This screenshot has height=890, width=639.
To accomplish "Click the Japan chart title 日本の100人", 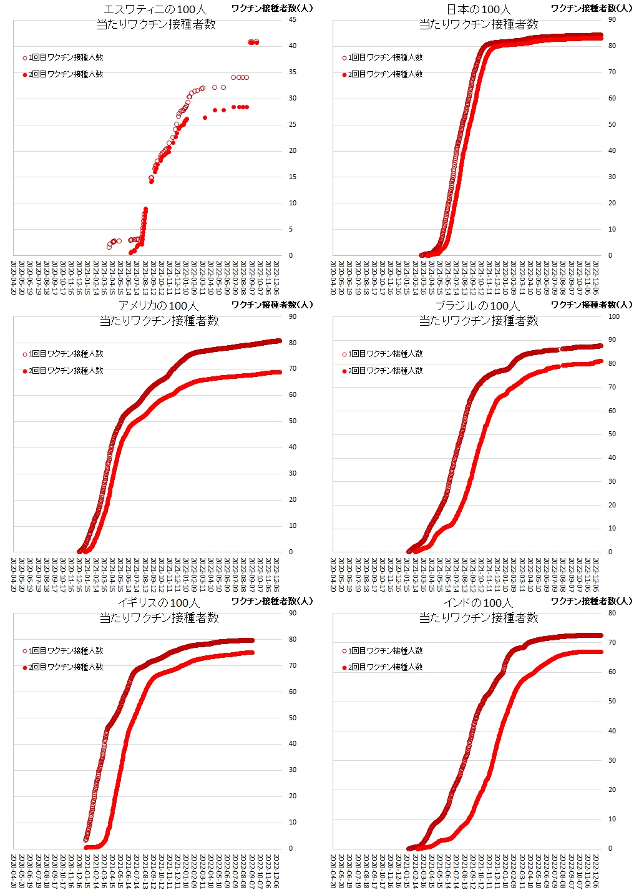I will pyautogui.click(x=479, y=9).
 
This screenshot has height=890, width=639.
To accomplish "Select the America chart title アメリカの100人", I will pyautogui.click(x=159, y=306).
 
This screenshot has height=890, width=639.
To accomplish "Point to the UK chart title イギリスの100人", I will pyautogui.click(x=159, y=603).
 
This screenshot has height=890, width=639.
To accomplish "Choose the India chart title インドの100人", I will pyautogui.click(x=478, y=603).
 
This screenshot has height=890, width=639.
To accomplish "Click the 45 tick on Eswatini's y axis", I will pyautogui.click(x=292, y=19).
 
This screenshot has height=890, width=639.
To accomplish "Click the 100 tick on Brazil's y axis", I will pyautogui.click(x=613, y=316).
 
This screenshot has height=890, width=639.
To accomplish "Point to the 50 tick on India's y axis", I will pyautogui.click(x=612, y=701).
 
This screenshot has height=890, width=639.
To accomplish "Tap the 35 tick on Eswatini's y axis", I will pyautogui.click(x=292, y=72).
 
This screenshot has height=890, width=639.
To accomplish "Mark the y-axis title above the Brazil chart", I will pyautogui.click(x=591, y=305).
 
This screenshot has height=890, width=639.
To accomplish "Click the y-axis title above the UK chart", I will pyautogui.click(x=271, y=601).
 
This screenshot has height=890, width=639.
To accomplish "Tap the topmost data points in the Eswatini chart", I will pyautogui.click(x=253, y=42).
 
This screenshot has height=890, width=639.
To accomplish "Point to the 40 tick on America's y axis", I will pyautogui.click(x=292, y=447).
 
